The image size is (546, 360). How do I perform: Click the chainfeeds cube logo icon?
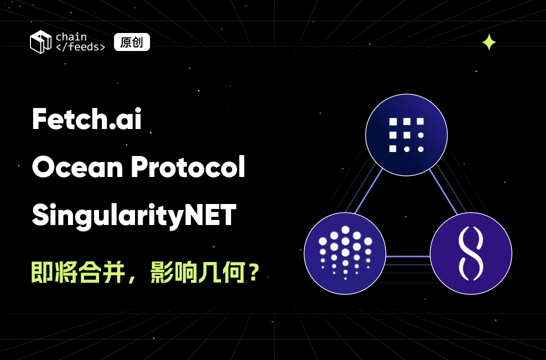click(40, 41)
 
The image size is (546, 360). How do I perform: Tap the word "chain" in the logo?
click(71, 36)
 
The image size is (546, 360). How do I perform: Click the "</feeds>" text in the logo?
click(80, 47)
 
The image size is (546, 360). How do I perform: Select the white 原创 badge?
click(132, 42)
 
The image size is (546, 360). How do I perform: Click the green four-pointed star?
click(488, 42)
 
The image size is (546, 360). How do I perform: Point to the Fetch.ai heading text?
click(86, 120)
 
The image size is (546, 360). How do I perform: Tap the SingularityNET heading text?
click(134, 216)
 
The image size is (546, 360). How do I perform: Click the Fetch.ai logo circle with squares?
click(406, 135)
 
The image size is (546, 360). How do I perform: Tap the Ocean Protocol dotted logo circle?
click(345, 253)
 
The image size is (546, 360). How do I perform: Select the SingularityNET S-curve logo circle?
click(470, 253)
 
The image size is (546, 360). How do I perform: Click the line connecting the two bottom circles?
click(408, 256)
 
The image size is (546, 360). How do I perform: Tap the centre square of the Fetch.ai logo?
click(406, 135)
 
